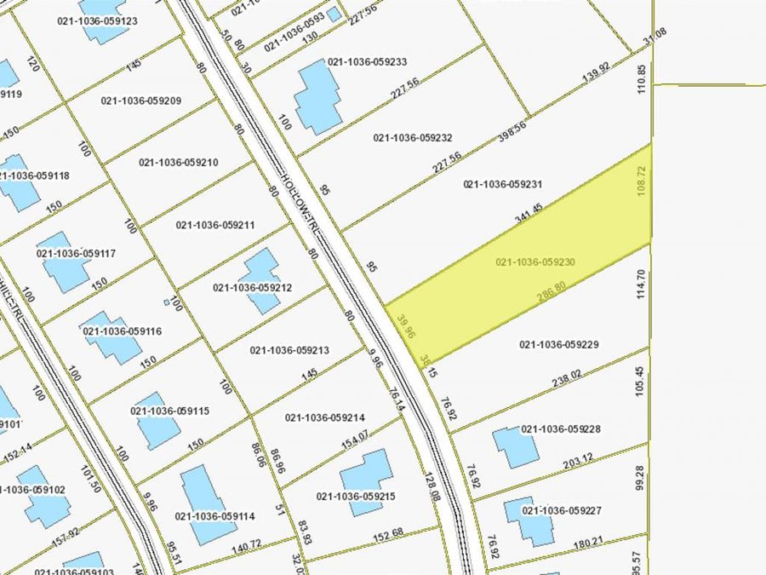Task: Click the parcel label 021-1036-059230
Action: (x=536, y=262)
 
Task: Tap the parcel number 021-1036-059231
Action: (x=503, y=183)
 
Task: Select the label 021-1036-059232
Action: (x=413, y=137)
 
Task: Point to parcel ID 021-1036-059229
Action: (x=559, y=344)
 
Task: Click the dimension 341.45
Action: (x=529, y=214)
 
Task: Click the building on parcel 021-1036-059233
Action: (x=317, y=95)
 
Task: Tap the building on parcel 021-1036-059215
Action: (x=367, y=480)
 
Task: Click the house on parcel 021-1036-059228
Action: (x=515, y=447)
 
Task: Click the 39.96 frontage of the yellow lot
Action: (x=406, y=326)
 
